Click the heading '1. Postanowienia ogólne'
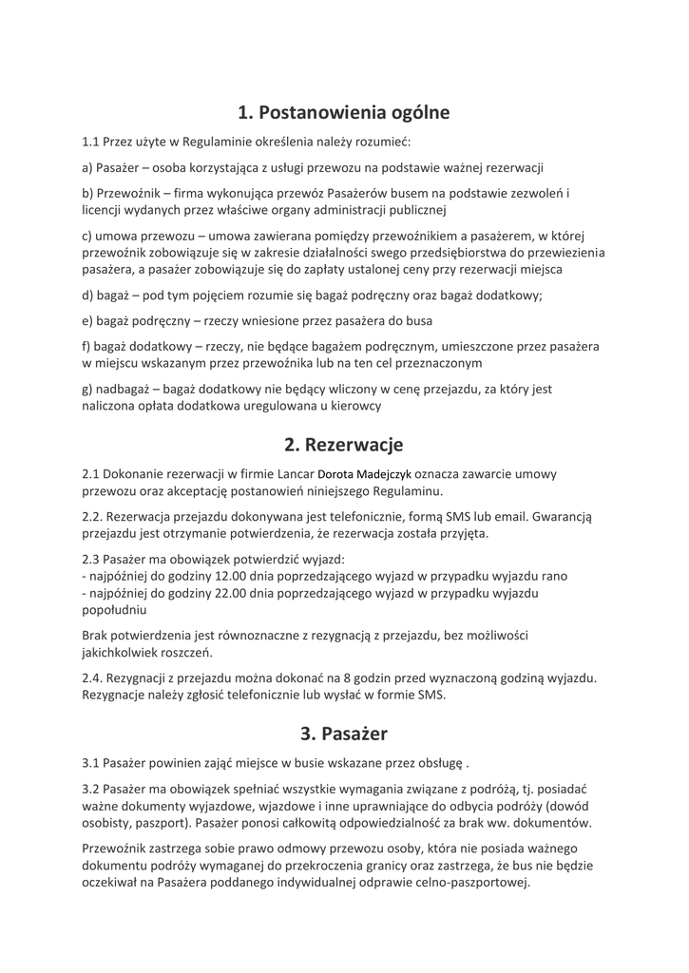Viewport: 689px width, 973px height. point(343,112)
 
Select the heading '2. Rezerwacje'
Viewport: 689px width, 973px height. point(343,444)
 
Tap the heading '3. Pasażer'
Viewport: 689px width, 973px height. point(343,733)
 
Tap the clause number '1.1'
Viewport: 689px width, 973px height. point(91,143)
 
